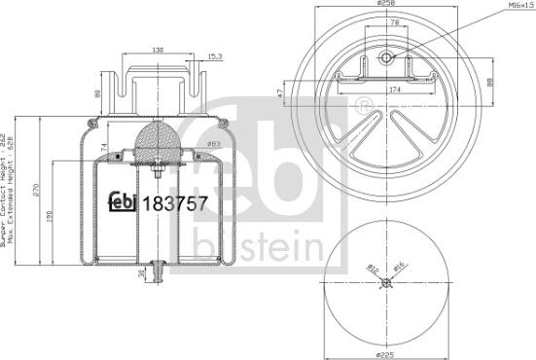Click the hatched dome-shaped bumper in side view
(x=155, y=141)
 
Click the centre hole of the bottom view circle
(x=387, y=283)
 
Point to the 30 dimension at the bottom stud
(x=142, y=275)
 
